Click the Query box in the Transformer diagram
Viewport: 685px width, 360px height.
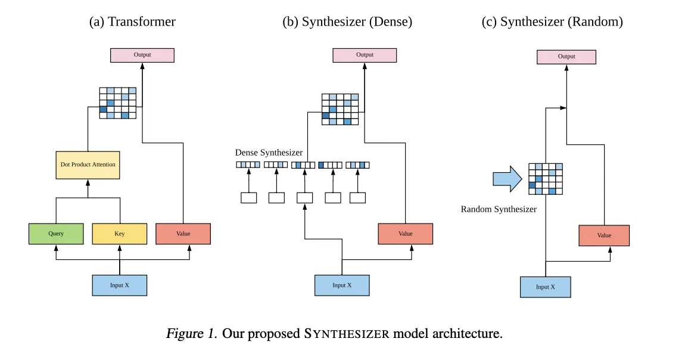56,234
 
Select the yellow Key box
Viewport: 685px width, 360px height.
119,234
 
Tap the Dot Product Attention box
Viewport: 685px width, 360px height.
88,164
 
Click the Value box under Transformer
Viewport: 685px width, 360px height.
183,234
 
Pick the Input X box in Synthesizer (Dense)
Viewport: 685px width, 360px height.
342,285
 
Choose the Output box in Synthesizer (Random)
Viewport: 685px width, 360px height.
566,57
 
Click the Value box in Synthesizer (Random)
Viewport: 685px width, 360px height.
604,235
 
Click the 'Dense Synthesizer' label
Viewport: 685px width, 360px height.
269,153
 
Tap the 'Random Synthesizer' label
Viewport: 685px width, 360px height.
499,209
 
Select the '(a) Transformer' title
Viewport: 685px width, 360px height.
132,22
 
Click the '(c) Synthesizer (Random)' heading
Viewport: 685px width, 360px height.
552,22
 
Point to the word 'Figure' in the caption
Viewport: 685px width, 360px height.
183,333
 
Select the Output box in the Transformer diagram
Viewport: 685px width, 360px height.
142,55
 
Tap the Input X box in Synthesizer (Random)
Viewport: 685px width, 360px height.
545,287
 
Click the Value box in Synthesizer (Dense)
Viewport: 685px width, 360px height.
405,234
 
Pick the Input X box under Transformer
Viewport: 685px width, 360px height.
119,285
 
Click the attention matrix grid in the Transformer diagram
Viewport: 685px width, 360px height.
118,103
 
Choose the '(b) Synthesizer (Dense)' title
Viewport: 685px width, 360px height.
347,22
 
